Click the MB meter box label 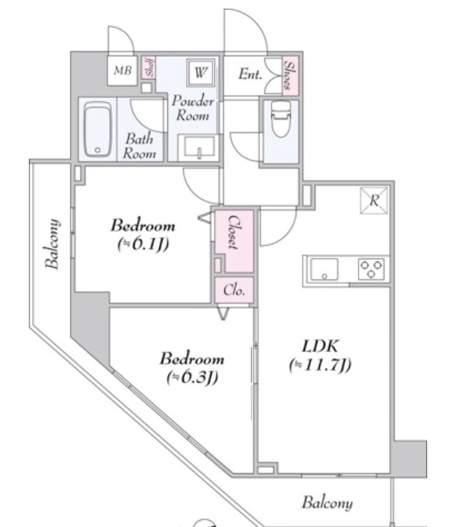pyautogui.click(x=122, y=71)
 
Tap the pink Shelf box pyautogui.click(x=148, y=67)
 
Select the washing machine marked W pyautogui.click(x=200, y=72)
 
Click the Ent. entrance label pyautogui.click(x=250, y=74)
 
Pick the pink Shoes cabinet pyautogui.click(x=290, y=76)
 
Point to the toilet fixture pyautogui.click(x=281, y=118)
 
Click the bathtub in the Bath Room pyautogui.click(x=97, y=129)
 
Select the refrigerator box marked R pyautogui.click(x=374, y=201)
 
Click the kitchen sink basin pyautogui.click(x=324, y=269)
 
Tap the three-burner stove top pyautogui.click(x=371, y=269)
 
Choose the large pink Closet pyautogui.click(x=234, y=241)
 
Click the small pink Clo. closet pyautogui.click(x=234, y=290)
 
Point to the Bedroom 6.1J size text pyautogui.click(x=143, y=244)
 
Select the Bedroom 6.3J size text pyautogui.click(x=192, y=377)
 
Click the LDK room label pyautogui.click(x=320, y=346)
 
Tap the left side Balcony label pyautogui.click(x=52, y=244)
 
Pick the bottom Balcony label pyautogui.click(x=328, y=503)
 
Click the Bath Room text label pyautogui.click(x=139, y=146)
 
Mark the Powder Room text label pyautogui.click(x=193, y=108)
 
